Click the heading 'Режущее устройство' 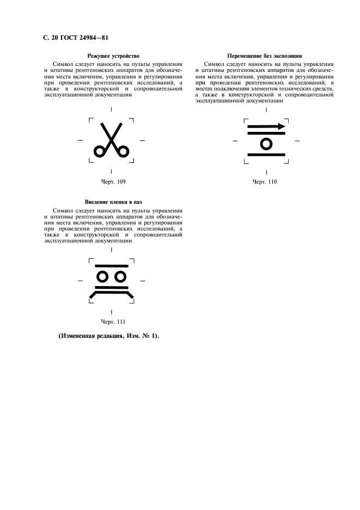coord(111,56)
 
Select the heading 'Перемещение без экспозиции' coord(264,56)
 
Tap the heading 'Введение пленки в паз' coord(111,202)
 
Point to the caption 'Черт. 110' coord(265,181)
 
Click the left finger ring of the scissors coord(100,151)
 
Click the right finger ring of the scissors coord(124,151)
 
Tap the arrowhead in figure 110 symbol coord(281,126)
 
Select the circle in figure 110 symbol coord(266,143)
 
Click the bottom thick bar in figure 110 coord(266,155)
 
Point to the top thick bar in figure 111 coord(112,266)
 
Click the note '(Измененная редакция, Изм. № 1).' coord(108,336)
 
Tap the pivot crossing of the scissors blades coord(112,140)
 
